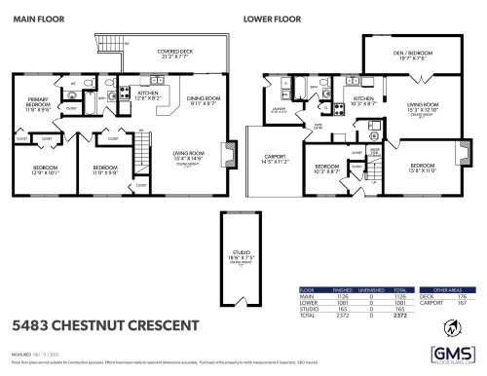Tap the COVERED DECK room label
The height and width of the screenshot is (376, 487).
click(175, 54)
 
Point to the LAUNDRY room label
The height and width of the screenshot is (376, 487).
click(278, 110)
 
